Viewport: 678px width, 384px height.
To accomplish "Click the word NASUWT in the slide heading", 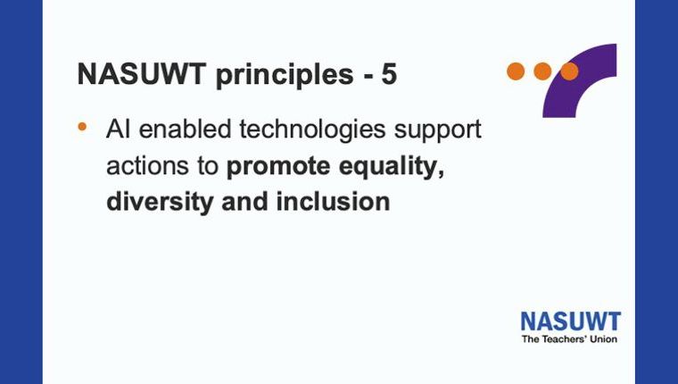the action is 141,73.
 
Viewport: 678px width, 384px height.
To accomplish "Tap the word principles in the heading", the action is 285,76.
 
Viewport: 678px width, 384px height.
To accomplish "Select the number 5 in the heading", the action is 389,74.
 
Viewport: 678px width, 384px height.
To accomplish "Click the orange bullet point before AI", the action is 82,127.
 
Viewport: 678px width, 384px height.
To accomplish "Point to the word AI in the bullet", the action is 118,129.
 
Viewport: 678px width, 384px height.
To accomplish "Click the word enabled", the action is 185,129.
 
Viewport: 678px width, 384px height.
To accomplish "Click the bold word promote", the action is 278,167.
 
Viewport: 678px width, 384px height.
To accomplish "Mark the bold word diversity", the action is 160,203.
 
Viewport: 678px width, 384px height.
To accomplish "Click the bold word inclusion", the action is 334,202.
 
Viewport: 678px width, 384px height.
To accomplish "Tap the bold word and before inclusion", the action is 244,202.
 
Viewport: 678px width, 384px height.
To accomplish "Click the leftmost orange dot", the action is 516,71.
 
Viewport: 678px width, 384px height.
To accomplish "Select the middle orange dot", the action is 542,71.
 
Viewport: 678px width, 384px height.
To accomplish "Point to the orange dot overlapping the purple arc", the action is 569,71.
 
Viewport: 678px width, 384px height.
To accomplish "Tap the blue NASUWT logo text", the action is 571,321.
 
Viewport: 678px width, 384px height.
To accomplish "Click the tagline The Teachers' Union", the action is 569,339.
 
